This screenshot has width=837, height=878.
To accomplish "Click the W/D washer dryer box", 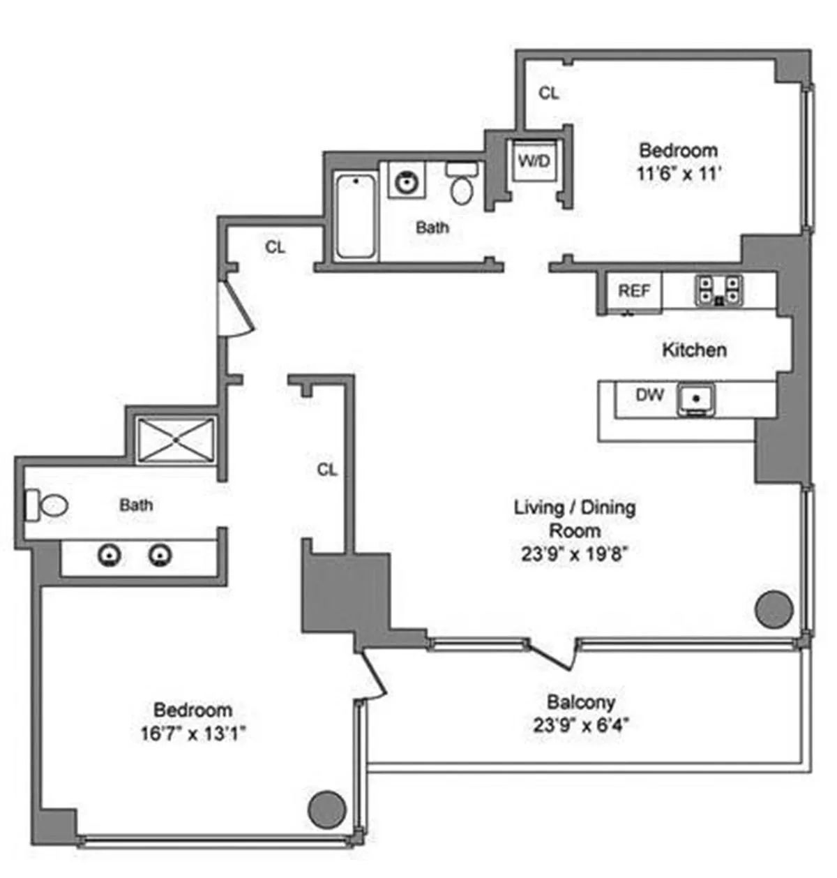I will [534, 161].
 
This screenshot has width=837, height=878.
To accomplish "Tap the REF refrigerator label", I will [634, 290].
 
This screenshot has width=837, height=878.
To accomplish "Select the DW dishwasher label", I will [649, 395].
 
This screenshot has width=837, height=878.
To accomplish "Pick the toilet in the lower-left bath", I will [49, 505].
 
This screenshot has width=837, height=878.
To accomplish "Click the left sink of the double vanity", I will [110, 556].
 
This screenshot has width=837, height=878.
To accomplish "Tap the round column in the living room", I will [774, 609].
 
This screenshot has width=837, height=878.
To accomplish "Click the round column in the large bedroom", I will [326, 809].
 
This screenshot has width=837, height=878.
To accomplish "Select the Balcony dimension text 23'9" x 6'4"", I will [580, 725].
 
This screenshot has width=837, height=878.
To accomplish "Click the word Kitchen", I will [694, 350].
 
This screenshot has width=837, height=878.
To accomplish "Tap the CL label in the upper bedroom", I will [549, 93].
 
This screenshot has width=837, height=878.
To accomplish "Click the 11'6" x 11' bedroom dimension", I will [678, 174].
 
